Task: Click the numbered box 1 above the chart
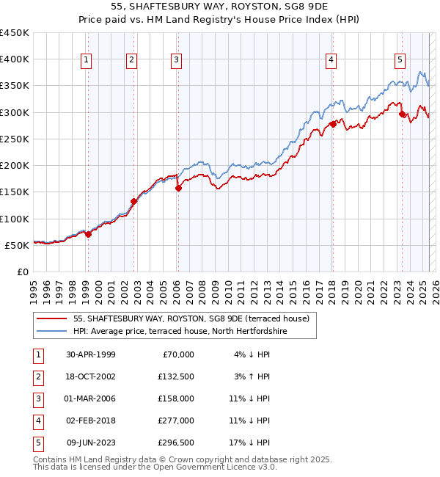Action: click(87, 60)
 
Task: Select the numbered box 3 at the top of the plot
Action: click(177, 60)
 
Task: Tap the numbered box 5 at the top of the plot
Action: click(400, 60)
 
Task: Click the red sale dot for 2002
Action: click(133, 201)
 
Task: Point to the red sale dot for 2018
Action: click(332, 124)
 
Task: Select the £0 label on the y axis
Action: click(23, 272)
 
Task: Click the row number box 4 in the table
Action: click(37, 420)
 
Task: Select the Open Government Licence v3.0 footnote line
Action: click(144, 467)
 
